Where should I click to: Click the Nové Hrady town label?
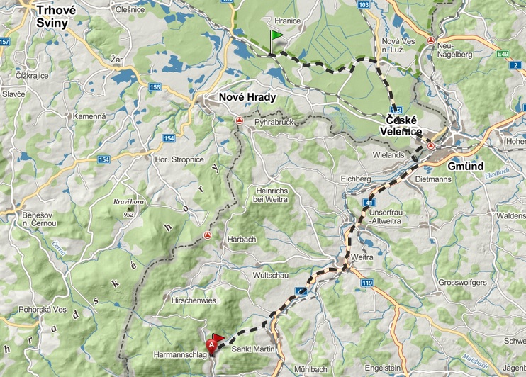click(247, 97)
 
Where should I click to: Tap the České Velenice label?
click(404, 126)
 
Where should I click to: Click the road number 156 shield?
click(155, 87)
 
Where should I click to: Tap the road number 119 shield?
click(366, 283)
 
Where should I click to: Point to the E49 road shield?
click(503, 53)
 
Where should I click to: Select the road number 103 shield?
click(364, 4)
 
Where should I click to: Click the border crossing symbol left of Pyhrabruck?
click(240, 121)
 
